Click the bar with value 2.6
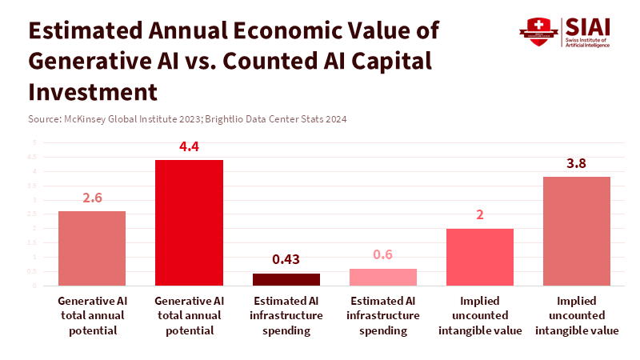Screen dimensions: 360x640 (x=92, y=248)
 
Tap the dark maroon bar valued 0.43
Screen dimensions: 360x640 (x=286, y=279)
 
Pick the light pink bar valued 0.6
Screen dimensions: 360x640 (x=383, y=277)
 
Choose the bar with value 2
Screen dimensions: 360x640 (x=480, y=257)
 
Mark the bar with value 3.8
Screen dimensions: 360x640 (x=577, y=231)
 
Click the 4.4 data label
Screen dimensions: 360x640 (x=189, y=146)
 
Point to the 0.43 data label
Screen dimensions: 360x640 (x=286, y=259)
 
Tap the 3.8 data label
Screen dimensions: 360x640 (x=577, y=163)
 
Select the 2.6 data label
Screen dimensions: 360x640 (x=92, y=198)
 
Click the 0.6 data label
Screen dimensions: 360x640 (x=383, y=254)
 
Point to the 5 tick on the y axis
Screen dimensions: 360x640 (x=34, y=142)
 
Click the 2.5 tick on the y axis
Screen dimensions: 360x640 (x=34, y=214)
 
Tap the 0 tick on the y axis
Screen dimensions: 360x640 (x=34, y=286)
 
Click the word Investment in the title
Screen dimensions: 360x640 (x=93, y=91)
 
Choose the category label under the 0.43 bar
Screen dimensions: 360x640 (x=286, y=315)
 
